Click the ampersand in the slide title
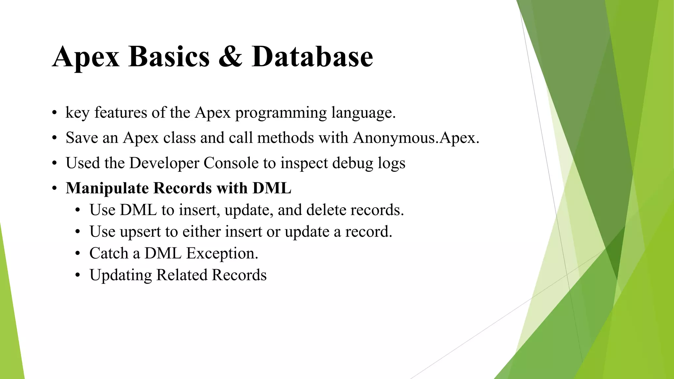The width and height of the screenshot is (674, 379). click(230, 57)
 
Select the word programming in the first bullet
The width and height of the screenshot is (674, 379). click(281, 113)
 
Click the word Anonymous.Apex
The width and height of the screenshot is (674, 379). click(416, 138)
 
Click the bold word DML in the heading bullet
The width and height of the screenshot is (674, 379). click(272, 188)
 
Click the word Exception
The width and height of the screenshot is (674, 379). click(222, 254)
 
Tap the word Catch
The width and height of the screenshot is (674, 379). click(109, 253)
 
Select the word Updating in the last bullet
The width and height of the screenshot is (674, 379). click(120, 275)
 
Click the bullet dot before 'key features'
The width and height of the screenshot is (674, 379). click(55, 113)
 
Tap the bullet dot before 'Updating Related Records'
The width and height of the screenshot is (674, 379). click(78, 275)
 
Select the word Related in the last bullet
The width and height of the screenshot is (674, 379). click(181, 275)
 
